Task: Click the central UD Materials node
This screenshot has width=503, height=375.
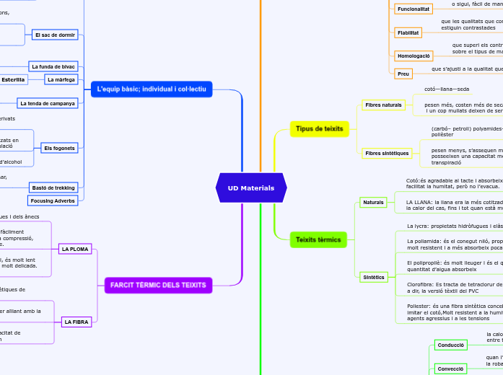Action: (x=251, y=188)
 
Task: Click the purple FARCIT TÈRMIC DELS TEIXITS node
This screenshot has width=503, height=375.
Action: (x=159, y=286)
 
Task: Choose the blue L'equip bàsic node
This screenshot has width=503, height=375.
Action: (x=152, y=89)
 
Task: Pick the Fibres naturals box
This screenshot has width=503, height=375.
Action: (x=383, y=105)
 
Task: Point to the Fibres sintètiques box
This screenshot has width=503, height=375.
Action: (x=387, y=153)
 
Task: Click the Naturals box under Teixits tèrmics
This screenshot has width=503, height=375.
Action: (x=373, y=203)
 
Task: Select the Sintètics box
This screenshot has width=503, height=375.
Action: (x=373, y=277)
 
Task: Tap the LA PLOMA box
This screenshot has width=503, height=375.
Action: (x=75, y=250)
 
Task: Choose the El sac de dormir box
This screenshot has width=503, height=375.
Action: (x=55, y=35)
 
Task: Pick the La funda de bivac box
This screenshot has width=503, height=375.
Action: (x=53, y=66)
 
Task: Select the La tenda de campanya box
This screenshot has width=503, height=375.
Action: (x=47, y=103)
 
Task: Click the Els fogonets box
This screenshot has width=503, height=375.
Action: (x=58, y=148)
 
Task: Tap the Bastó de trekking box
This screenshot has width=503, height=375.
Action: (x=54, y=187)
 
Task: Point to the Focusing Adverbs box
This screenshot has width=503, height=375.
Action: (x=53, y=200)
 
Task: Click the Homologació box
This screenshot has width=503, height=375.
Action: (x=414, y=56)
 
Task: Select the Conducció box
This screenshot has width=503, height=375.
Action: (x=450, y=345)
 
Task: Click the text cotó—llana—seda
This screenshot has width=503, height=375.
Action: (x=447, y=89)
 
